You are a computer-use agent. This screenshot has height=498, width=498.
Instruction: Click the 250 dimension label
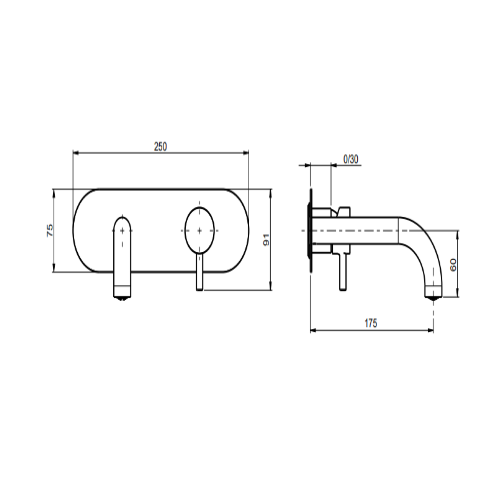coord(160,147)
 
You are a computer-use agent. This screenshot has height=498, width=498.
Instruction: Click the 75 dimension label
coord(50,230)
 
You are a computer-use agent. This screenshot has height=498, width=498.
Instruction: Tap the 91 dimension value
coord(266,240)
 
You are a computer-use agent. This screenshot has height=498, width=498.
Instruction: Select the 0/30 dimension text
coord(351,159)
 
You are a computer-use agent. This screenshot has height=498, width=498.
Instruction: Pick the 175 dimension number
coord(371,323)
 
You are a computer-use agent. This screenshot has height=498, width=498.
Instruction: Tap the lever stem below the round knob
coord(199,272)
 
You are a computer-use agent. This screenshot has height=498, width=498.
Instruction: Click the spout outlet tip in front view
coord(122,298)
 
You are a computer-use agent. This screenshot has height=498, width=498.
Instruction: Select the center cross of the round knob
coord(200,230)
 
